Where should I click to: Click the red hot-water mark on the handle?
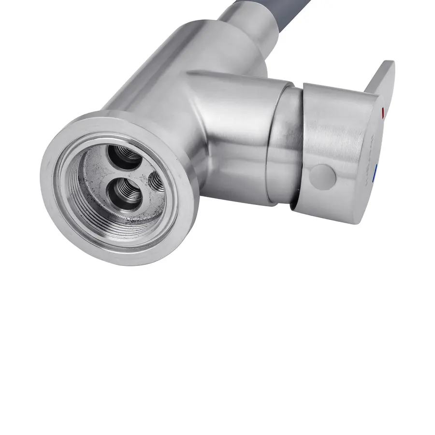point(383,113)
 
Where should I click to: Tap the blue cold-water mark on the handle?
point(377,171)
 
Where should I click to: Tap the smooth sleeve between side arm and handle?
point(285,145)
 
